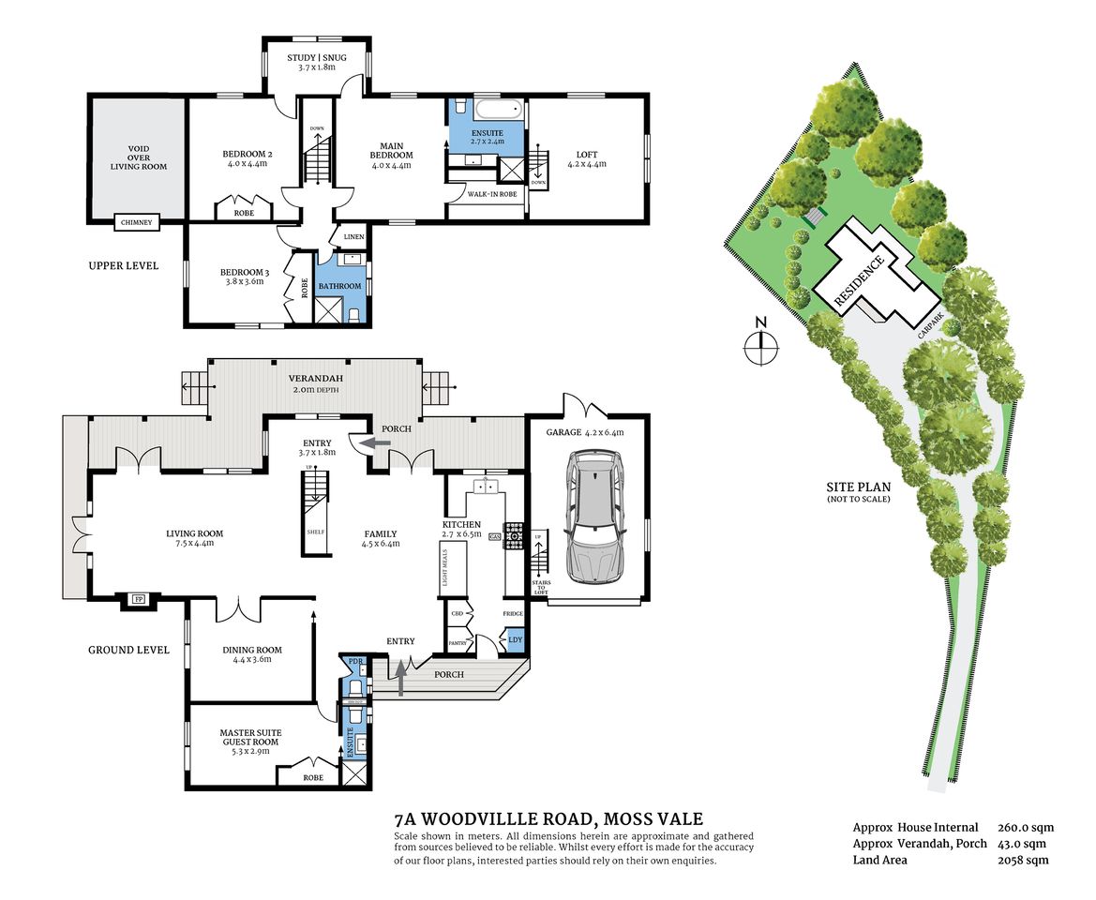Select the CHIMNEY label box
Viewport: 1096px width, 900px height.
point(138,222)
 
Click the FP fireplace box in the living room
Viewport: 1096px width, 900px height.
point(139,599)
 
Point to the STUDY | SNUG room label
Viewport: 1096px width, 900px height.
point(316,63)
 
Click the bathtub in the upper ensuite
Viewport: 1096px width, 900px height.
point(486,109)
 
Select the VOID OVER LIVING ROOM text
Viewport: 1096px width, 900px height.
point(138,157)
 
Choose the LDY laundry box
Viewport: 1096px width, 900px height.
point(516,639)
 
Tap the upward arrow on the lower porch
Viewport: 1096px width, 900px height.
point(402,677)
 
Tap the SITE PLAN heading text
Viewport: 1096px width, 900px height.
point(858,487)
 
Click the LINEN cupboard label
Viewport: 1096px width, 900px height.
point(353,237)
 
